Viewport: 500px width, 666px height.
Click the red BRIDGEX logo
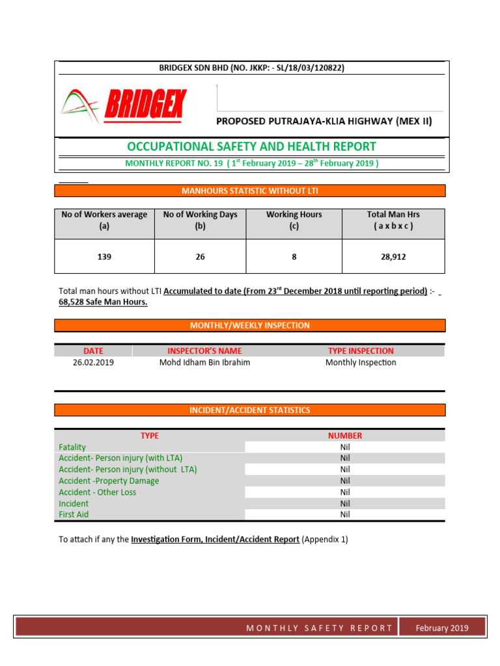(x=124, y=105)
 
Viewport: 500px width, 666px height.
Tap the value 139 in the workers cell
(x=104, y=257)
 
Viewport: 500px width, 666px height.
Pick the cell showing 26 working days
(x=200, y=257)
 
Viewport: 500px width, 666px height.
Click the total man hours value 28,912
(x=393, y=257)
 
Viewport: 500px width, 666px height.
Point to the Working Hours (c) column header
(x=294, y=220)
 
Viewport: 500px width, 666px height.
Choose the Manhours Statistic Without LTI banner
(x=250, y=191)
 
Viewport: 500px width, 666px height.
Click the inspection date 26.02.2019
(x=93, y=362)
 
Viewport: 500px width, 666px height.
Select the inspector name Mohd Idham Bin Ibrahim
(x=204, y=362)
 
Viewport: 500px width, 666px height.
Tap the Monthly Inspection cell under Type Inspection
(x=361, y=362)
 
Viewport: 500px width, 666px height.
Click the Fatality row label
(x=72, y=447)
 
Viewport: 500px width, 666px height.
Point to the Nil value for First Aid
(x=345, y=514)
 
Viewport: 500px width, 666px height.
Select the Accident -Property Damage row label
(x=109, y=481)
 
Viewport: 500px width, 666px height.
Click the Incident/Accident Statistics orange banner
(x=250, y=410)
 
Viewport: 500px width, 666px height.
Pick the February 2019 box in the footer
(x=443, y=628)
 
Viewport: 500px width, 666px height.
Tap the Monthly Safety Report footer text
(x=319, y=628)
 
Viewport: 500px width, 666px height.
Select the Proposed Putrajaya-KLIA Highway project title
(x=324, y=121)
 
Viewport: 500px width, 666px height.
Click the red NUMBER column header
(x=345, y=436)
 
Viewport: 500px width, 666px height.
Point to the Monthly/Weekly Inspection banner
(x=250, y=325)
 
